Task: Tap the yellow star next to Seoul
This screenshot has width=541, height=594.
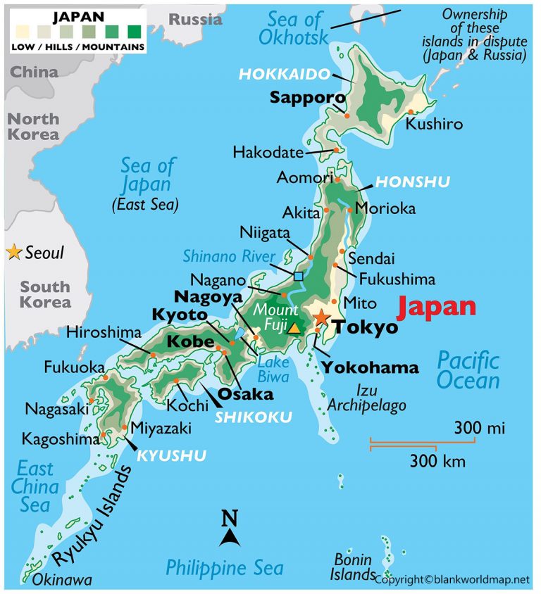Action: [x=13, y=252]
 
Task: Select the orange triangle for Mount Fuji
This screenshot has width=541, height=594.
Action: [x=294, y=328]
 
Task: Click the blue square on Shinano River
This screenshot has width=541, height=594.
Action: [x=299, y=276]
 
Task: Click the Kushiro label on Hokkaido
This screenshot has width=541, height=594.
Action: [x=434, y=125]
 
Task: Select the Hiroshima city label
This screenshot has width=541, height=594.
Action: [x=104, y=331]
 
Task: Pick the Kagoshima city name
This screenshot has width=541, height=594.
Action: [x=61, y=439]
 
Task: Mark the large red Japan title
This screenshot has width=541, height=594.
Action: [x=435, y=307]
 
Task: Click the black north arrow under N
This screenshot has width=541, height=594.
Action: [x=229, y=538]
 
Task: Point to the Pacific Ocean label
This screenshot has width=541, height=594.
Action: [x=468, y=370]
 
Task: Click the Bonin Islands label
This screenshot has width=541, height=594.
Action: [x=353, y=567]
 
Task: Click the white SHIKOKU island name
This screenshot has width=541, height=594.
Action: [x=254, y=417]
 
